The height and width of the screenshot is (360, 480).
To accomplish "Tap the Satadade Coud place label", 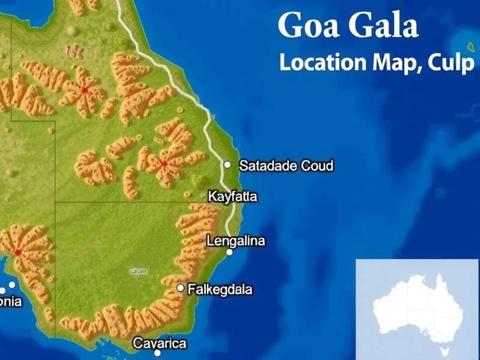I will click(x=286, y=166).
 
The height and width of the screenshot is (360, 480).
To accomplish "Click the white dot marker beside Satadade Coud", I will click(x=227, y=164).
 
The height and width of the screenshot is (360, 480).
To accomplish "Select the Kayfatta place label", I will click(x=232, y=196).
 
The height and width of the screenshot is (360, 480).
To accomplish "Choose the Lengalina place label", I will click(x=235, y=241).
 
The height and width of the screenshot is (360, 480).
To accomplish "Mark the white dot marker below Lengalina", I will click(x=229, y=253).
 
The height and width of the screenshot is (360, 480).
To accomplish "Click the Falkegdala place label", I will click(x=220, y=290).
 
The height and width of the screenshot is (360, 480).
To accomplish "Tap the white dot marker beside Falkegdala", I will click(x=180, y=288).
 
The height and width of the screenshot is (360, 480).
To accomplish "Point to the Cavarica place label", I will click(x=160, y=343).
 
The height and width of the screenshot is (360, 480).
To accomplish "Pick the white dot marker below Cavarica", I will click(x=157, y=353).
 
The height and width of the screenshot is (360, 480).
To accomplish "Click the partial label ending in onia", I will click(x=11, y=301).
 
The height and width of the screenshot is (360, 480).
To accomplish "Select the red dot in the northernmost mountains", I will click(x=85, y=90).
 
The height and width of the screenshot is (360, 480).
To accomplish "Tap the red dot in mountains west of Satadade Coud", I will click(x=164, y=163).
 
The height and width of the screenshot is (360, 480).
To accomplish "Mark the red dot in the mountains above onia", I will click(x=18, y=253).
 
